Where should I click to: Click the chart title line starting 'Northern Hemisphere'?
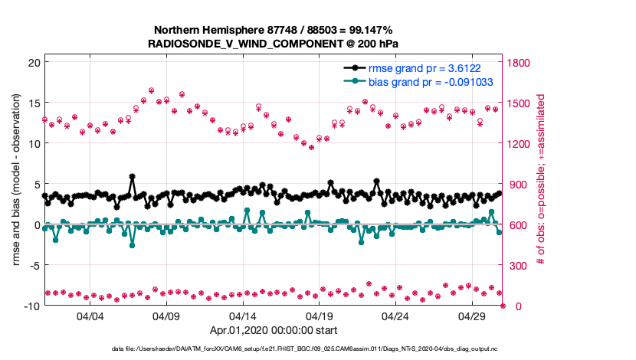coord(273,31)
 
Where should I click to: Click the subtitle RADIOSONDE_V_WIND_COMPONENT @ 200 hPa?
coord(273,44)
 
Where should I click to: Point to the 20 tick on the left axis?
coord(32,62)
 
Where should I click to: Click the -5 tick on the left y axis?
coord(32,265)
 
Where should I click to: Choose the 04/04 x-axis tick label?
coord(90,316)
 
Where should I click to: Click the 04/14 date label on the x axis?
coord(243,316)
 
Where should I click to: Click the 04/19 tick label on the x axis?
coord(319,316)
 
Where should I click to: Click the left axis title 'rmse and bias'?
coord(16,184)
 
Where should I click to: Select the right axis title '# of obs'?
coord(541,181)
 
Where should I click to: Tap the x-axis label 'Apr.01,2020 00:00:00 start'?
coord(273,331)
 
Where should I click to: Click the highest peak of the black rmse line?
coord(133,176)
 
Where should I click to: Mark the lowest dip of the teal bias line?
coord(133,245)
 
